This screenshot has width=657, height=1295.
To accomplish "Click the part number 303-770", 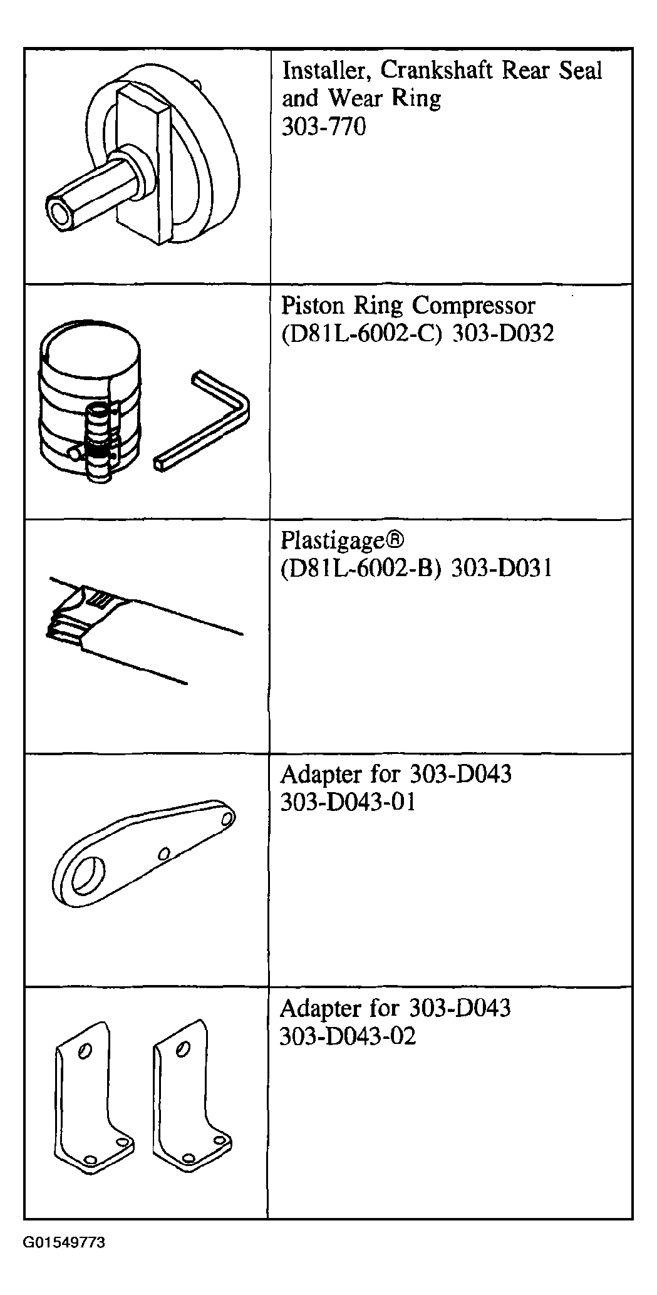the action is click(x=324, y=127).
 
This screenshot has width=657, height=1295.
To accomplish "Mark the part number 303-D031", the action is click(x=502, y=569).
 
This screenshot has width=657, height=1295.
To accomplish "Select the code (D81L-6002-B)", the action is click(x=363, y=569).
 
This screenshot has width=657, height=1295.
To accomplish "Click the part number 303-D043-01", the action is click(x=348, y=802).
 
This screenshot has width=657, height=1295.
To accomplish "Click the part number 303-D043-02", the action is click(x=348, y=1036).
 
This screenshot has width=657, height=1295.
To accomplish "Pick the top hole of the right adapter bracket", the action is click(x=182, y=1048).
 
